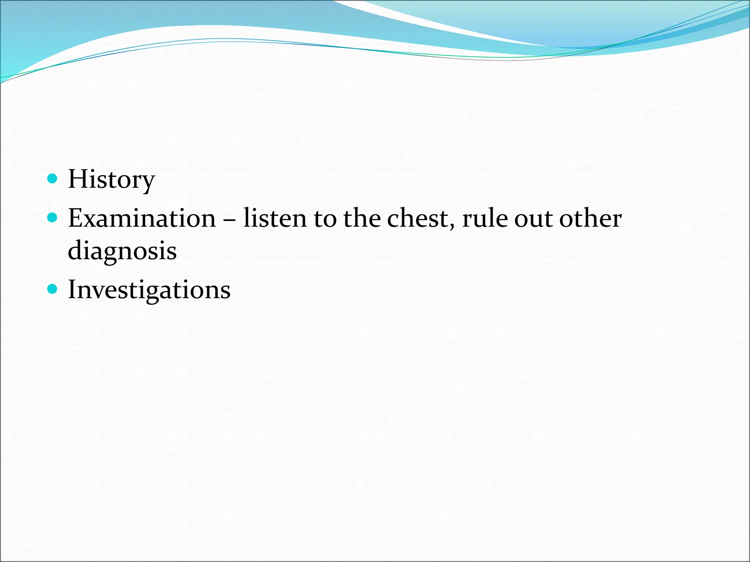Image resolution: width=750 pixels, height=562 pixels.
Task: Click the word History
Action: tap(111, 179)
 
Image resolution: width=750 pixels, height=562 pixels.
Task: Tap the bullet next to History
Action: tap(53, 179)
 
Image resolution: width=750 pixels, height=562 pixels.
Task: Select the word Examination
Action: tap(142, 218)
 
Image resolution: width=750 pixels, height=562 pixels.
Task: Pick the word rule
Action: tap(484, 218)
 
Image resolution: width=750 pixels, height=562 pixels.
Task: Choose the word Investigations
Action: tap(149, 290)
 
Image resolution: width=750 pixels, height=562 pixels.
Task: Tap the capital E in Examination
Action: tap(76, 218)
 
